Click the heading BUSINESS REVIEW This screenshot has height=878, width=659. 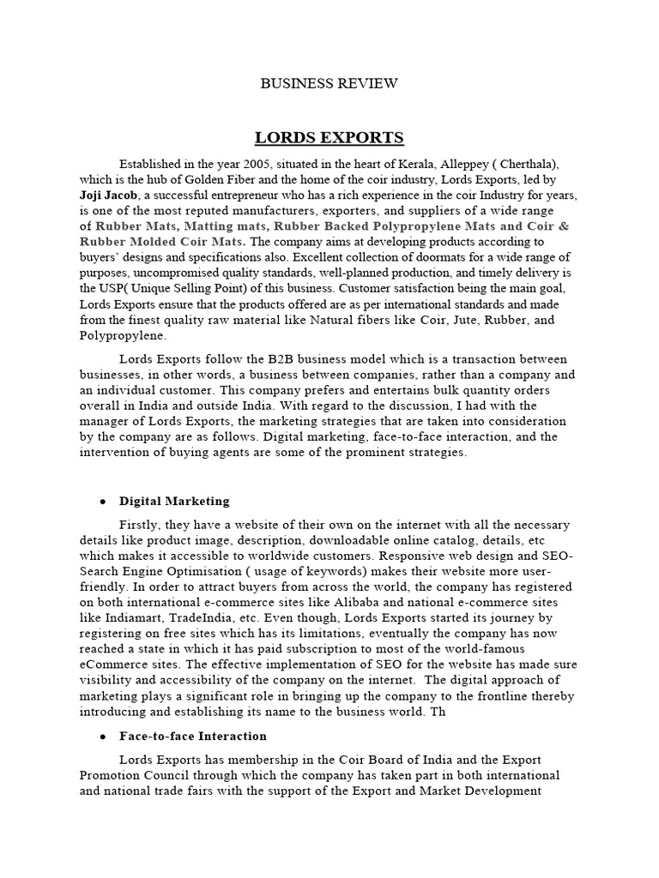point(329,83)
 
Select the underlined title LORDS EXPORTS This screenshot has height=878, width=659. point(329,138)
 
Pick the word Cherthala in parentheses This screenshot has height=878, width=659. point(516,164)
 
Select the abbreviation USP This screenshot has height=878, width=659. point(116,289)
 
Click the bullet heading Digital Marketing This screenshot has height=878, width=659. point(174,501)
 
